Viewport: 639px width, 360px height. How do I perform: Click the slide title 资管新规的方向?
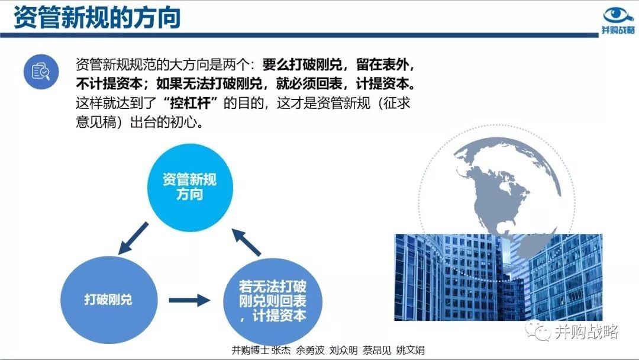click(x=97, y=17)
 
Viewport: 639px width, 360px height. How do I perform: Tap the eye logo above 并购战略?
click(x=618, y=15)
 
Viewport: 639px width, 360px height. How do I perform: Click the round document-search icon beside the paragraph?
click(x=41, y=72)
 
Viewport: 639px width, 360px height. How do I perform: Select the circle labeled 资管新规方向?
click(x=190, y=188)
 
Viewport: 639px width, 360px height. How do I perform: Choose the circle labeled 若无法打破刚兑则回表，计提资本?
click(x=273, y=301)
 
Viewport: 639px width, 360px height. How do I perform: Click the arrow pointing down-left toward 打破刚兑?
click(x=133, y=238)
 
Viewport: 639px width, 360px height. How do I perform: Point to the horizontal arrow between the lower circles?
click(x=189, y=300)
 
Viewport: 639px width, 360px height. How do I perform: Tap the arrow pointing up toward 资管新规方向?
click(x=246, y=242)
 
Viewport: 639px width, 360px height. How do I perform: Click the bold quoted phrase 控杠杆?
click(x=191, y=103)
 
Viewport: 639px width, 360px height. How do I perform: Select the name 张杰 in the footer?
click(x=281, y=350)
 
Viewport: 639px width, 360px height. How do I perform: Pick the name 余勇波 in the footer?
click(x=310, y=350)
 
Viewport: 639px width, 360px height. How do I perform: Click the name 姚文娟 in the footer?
click(x=411, y=350)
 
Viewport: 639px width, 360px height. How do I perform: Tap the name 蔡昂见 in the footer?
click(x=377, y=350)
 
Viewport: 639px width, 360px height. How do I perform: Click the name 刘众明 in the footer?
click(x=344, y=350)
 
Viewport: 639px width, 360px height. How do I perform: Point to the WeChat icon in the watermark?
click(x=538, y=330)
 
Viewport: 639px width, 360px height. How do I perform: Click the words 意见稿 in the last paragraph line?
click(x=96, y=122)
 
